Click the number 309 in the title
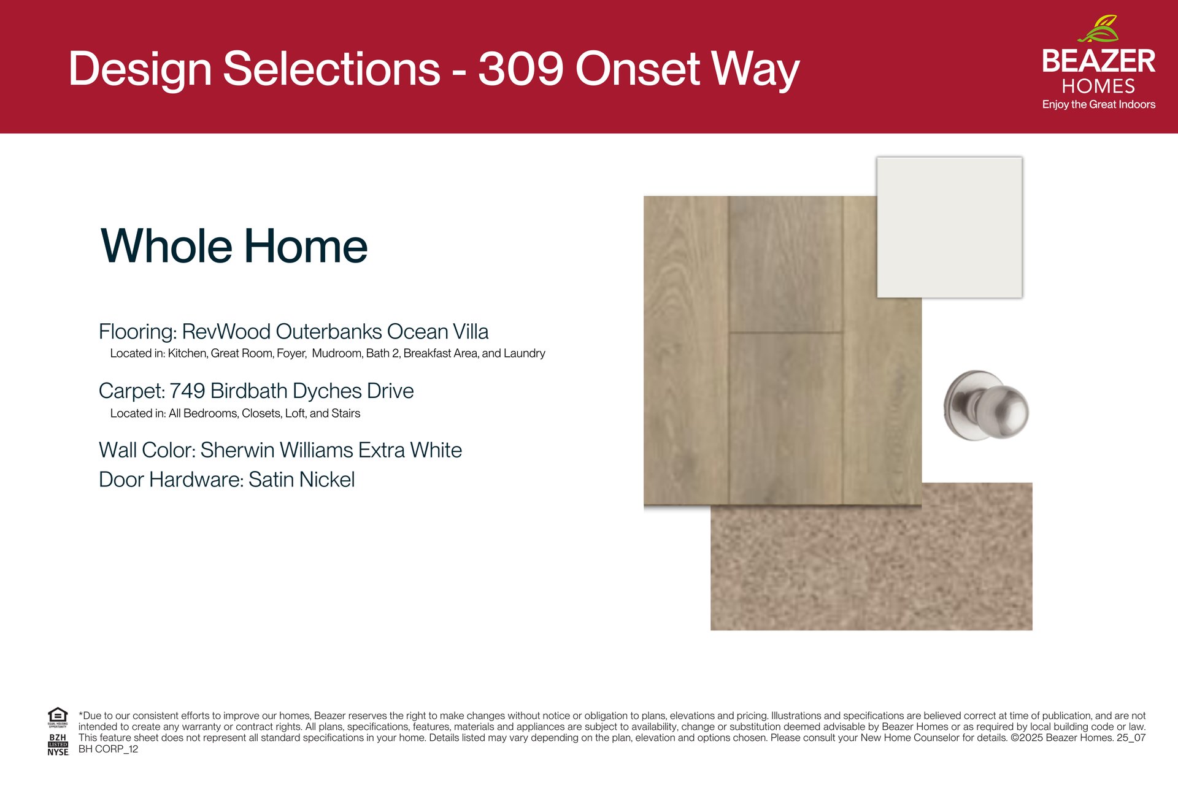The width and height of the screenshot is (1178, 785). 521,68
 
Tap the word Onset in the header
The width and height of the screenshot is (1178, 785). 638,68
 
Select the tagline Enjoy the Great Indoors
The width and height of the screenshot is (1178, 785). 1098,104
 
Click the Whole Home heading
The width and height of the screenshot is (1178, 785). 234,246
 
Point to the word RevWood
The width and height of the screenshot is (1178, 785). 226,332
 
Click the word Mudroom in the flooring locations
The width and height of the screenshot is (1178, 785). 337,353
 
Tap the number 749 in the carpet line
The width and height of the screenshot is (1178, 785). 187,391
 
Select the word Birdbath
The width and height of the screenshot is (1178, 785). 248,391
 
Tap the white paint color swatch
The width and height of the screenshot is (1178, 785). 949,228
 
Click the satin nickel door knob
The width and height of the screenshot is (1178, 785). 987,405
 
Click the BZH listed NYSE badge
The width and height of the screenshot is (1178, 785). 58,745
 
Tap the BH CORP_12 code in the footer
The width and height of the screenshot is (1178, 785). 108,749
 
